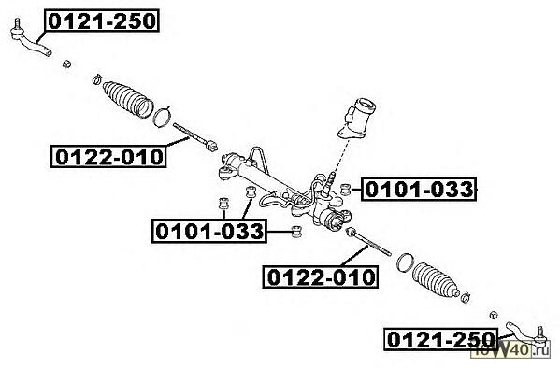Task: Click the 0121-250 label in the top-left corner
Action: point(102,21)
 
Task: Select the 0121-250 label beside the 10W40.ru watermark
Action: point(441,339)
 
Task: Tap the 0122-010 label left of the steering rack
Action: point(108,156)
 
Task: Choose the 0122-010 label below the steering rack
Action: point(321,276)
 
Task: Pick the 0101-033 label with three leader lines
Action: point(209,232)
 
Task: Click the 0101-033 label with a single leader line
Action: point(419,190)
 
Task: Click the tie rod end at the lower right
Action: point(527,334)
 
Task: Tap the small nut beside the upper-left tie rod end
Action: point(66,64)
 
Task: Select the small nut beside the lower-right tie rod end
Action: point(494,315)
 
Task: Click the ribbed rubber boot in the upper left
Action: point(128,99)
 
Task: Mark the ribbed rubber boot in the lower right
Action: point(435,280)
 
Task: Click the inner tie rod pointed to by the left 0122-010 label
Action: point(195,136)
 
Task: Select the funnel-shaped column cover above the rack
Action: point(356,120)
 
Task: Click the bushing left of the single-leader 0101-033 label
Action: point(345,190)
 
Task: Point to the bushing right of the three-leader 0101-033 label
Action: point(296,232)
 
